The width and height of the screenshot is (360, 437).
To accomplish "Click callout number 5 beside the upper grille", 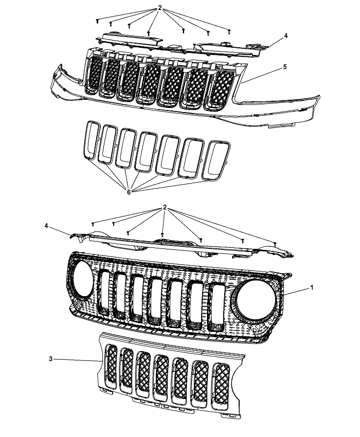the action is point(285,67).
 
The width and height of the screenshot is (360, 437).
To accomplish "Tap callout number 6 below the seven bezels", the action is point(129,192).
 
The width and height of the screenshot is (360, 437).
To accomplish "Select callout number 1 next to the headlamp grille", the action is point(312,288).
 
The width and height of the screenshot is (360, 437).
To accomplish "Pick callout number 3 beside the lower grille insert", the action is point(51,359).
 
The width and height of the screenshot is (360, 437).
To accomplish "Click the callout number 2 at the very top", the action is point(160,8).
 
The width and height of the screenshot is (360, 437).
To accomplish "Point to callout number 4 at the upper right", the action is point(286,36).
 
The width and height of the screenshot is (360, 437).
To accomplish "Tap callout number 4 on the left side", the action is point(46,226).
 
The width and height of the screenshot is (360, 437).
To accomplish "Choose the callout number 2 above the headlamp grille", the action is point(165,207).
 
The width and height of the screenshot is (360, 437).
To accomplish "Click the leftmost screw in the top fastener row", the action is point(97,21).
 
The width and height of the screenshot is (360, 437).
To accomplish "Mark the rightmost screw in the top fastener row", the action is point(229,32).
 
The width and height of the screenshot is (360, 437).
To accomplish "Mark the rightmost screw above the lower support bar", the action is point(275,243).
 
